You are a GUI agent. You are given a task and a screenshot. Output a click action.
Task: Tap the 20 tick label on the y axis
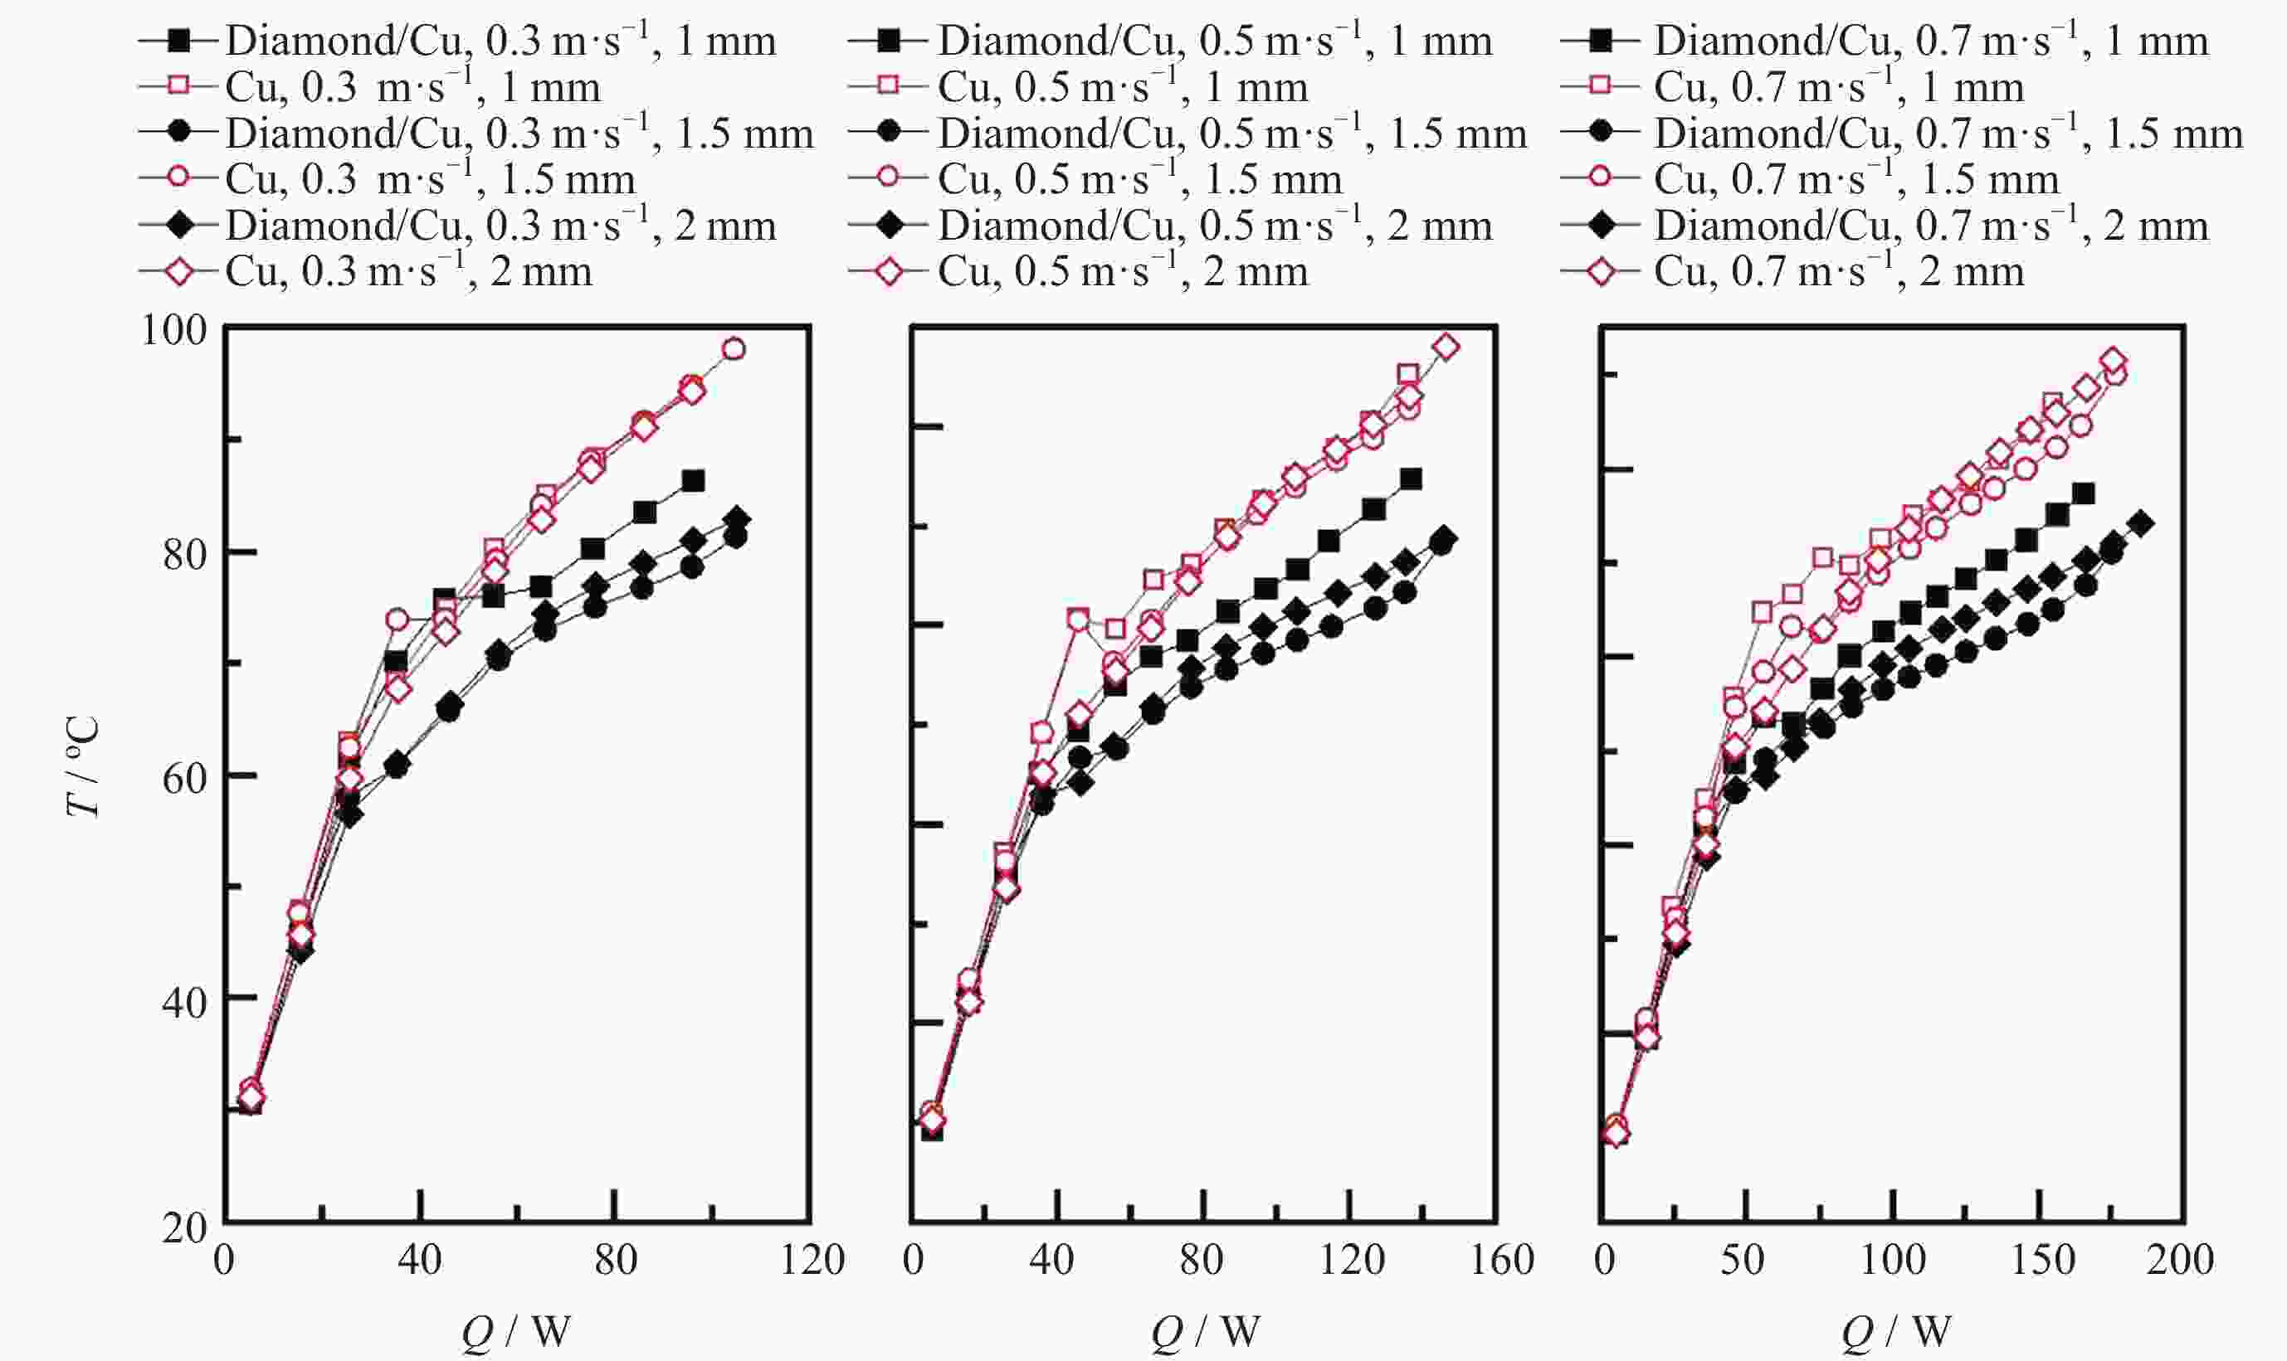[183, 1227]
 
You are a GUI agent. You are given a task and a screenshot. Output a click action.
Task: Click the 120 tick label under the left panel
[812, 1260]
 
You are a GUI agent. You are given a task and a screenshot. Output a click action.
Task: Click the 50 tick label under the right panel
[1741, 1260]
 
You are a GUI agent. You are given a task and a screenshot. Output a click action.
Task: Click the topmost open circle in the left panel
[733, 348]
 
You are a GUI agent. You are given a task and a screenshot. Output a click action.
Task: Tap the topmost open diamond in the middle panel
[1446, 347]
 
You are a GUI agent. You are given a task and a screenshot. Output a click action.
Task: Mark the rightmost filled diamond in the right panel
[2141, 523]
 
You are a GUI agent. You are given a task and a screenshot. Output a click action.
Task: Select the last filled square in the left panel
[694, 480]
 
